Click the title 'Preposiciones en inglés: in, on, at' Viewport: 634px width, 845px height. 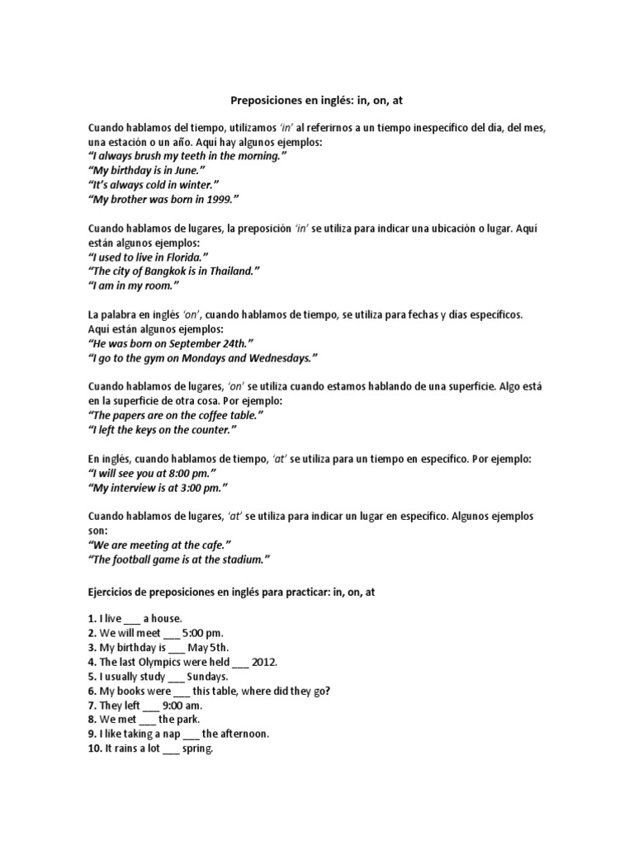click(316, 101)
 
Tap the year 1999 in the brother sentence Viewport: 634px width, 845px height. click(219, 199)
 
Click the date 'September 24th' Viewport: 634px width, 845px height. click(206, 343)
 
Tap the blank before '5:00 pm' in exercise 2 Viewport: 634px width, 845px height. click(171, 634)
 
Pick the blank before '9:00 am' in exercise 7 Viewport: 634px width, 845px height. click(151, 706)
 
